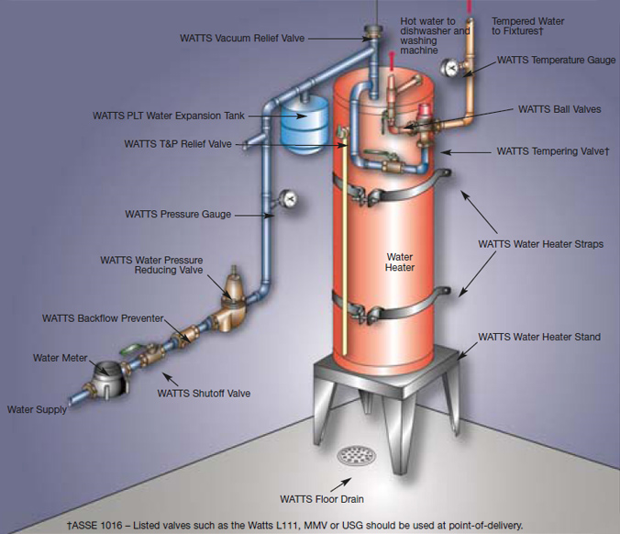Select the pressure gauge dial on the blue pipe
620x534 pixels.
289,198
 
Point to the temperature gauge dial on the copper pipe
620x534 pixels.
449,67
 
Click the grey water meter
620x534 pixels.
109,379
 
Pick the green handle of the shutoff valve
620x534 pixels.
130,350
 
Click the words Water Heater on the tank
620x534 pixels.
400,262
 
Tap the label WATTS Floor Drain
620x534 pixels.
322,499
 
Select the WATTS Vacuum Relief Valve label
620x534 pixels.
242,39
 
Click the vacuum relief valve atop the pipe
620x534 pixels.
373,32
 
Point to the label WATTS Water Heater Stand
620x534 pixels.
539,337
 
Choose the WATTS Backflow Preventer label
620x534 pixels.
103,318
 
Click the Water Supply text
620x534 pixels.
37,409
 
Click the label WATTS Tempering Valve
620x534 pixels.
553,151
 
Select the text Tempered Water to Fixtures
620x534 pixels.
528,26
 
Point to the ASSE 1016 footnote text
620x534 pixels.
295,526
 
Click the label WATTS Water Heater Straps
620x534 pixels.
540,244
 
